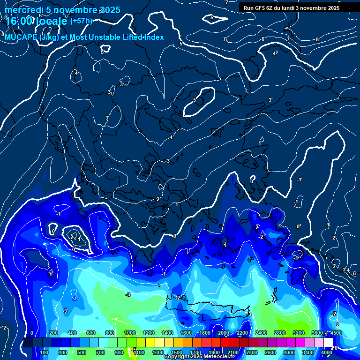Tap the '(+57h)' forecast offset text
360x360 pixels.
(81, 21)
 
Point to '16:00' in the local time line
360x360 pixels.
(19, 22)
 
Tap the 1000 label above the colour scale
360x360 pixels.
(130, 333)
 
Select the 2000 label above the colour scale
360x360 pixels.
(224, 333)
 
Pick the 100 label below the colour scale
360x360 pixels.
(45, 352)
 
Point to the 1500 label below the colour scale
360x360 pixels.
(177, 352)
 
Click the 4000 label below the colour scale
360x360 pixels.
(327, 352)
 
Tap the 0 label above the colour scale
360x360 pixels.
(32, 333)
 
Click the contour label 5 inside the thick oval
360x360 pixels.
(195, 100)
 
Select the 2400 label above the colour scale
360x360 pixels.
(261, 333)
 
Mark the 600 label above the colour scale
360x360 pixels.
(91, 333)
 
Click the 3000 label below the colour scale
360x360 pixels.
(289, 352)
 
